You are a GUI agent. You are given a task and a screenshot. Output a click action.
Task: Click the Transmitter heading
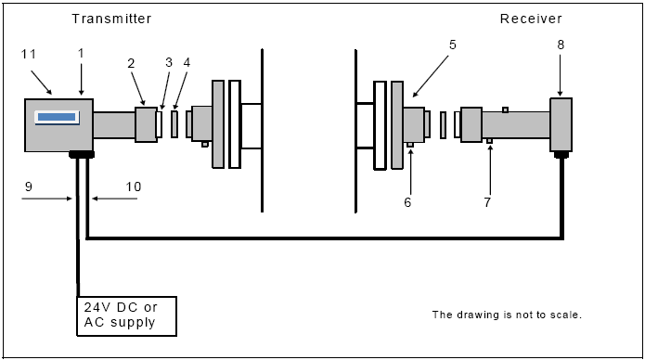tap(111, 19)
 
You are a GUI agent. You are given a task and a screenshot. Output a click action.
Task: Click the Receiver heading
tap(531, 19)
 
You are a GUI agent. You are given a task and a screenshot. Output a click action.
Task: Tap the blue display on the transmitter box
tap(57, 118)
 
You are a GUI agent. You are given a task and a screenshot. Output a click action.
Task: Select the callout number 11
tap(29, 55)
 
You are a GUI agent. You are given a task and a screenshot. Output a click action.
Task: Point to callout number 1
tap(81, 54)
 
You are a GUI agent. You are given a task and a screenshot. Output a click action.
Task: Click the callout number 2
tap(131, 63)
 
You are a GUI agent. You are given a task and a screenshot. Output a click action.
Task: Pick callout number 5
tap(453, 45)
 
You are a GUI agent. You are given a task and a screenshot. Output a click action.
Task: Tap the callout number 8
tap(561, 45)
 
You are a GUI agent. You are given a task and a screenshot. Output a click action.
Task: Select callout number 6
tap(407, 202)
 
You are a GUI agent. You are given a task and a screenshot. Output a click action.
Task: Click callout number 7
tap(487, 202)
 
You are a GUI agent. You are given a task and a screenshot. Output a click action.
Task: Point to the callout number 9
tap(29, 186)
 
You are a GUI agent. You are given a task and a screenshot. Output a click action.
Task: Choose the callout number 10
tap(134, 186)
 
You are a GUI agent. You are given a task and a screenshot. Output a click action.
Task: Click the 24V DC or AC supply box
tap(127, 316)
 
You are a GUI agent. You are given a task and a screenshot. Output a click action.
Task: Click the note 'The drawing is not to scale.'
tap(507, 315)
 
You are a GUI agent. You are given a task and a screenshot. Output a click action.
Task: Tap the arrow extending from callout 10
tap(114, 199)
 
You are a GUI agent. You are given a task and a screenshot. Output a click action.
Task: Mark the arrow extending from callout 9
tap(47, 199)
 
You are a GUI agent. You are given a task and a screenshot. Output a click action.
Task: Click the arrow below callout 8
tap(561, 75)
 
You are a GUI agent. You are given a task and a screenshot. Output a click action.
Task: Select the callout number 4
tap(187, 62)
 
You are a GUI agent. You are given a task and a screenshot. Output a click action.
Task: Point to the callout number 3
tap(169, 62)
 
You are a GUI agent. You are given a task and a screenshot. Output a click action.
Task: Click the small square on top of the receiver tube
tap(505, 109)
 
